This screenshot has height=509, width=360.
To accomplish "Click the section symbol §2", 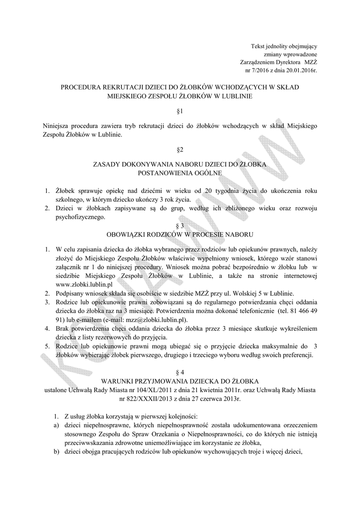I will tap(180, 149).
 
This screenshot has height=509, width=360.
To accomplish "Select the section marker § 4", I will tap(180, 372).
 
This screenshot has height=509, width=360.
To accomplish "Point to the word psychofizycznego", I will tap(80, 217).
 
